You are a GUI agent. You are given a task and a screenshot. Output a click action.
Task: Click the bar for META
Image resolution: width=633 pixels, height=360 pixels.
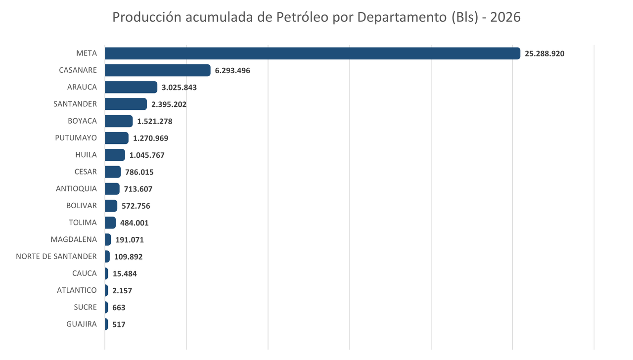coord(313,53)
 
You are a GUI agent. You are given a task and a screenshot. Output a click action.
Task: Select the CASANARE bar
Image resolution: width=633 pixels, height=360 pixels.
coord(158,70)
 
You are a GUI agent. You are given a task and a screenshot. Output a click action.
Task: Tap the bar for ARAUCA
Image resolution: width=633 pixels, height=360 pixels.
coord(131,87)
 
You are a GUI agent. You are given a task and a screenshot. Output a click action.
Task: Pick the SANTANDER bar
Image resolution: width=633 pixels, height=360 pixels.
coord(126,104)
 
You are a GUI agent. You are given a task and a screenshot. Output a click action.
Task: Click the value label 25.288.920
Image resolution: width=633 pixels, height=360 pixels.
coord(544,53)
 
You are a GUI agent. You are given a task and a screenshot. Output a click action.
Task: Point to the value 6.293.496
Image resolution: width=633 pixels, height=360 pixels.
coord(232,70)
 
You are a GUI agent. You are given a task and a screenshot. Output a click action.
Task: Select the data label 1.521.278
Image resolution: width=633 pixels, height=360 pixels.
coord(155,121)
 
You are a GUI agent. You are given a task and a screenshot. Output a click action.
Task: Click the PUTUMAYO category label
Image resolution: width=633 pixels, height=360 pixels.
coord(76,138)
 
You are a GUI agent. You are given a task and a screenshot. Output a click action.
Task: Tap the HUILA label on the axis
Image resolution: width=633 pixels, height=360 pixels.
coord(86,155)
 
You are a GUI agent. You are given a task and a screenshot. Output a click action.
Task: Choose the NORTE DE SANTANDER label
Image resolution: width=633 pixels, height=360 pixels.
coord(56,256)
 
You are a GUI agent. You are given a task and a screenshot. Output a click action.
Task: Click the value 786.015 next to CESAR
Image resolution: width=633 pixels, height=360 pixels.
coord(139,172)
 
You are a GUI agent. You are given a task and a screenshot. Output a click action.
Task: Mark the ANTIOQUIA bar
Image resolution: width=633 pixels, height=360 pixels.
coord(112,189)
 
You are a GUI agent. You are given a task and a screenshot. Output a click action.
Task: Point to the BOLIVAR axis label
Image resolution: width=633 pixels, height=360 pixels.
coord(82,206)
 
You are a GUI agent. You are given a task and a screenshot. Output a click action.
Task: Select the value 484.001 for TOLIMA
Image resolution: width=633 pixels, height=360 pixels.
coord(135,223)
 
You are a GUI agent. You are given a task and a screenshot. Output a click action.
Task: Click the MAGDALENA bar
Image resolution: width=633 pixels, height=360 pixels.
coord(108,240)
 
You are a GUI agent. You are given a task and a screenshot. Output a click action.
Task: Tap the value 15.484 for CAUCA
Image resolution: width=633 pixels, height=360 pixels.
coord(125,273)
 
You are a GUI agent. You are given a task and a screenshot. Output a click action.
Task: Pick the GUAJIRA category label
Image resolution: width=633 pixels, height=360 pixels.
coord(82,324)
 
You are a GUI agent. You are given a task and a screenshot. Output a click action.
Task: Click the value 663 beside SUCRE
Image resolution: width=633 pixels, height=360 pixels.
coord(119,308)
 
